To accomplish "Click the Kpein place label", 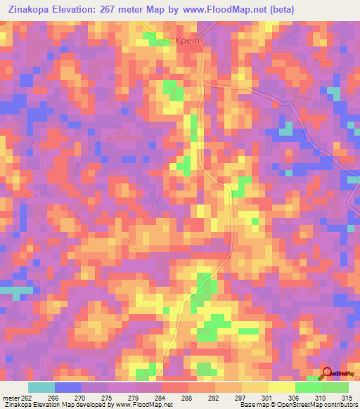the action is coord(188,41).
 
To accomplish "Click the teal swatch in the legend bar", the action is coord(41,388).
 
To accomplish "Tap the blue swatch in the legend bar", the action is coord(68,388).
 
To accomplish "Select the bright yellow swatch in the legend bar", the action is coord(282,388).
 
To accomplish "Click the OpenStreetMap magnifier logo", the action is coord(327,373).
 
